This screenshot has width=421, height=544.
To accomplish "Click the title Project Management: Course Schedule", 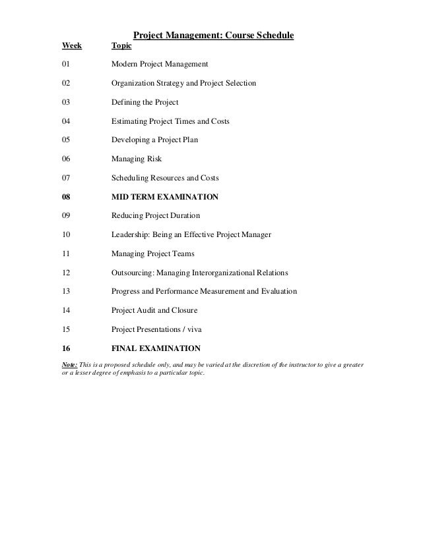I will (214, 34).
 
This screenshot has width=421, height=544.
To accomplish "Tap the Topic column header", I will (121, 46).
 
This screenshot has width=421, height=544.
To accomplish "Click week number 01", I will (65, 65).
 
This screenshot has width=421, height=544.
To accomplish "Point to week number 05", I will (65, 140).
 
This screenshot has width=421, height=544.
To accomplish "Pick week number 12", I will (65, 273).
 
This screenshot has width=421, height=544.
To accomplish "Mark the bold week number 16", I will (65, 348).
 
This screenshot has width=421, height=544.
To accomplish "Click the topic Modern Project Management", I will (160, 65).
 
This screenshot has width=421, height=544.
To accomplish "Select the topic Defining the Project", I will (145, 103).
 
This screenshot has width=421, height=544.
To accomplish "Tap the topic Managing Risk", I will (137, 159).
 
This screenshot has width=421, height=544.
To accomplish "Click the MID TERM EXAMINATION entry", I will (165, 197).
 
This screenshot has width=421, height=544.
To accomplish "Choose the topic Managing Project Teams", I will (153, 254).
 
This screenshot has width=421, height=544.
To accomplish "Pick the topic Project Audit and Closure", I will (154, 310).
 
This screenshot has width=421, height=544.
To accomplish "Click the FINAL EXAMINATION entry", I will (156, 348).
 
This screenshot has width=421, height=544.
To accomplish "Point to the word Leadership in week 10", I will (132, 235).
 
